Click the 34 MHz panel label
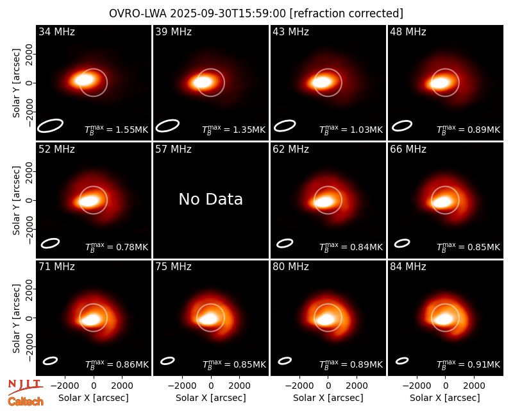tap(56, 31)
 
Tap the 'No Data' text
tap(211, 199)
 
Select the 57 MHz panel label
tap(173, 149)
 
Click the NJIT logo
tap(26, 386)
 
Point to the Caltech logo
tap(26, 402)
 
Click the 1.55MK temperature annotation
tap(117, 130)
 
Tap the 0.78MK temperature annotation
tap(117, 247)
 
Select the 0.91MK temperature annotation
tap(469, 364)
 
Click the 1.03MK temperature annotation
tap(351, 130)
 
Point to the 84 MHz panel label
tap(408, 267)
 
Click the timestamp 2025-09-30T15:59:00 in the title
tap(228, 13)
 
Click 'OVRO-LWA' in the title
tap(138, 13)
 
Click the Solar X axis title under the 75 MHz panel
tap(211, 398)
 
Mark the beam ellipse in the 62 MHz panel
tap(285, 244)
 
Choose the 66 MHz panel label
tap(408, 149)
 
